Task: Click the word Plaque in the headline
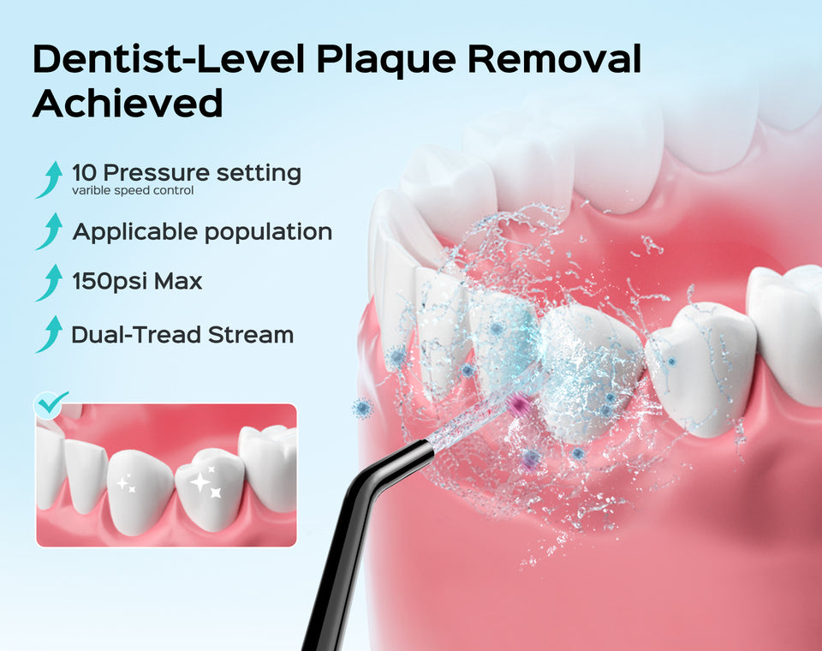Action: pyautogui.click(x=386, y=60)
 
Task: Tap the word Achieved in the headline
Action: pyautogui.click(x=128, y=103)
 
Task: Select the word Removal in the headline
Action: pyautogui.click(x=554, y=58)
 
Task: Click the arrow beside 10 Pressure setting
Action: pyautogui.click(x=49, y=180)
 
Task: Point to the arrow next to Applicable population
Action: pyautogui.click(x=49, y=230)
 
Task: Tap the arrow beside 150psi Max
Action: pyautogui.click(x=49, y=282)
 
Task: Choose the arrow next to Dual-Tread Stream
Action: pyautogui.click(x=49, y=334)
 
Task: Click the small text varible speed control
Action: pyautogui.click(x=133, y=190)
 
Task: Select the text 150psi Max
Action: pyautogui.click(x=137, y=282)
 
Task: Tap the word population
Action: pyautogui.click(x=268, y=233)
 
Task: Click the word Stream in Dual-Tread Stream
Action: pyautogui.click(x=251, y=335)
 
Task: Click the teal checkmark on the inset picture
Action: pyautogui.click(x=51, y=403)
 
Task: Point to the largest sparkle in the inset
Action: pyautogui.click(x=200, y=481)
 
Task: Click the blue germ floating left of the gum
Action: pyautogui.click(x=361, y=408)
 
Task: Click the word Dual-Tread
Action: pyautogui.click(x=137, y=335)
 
